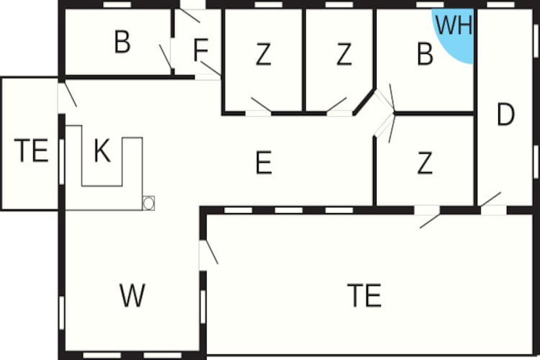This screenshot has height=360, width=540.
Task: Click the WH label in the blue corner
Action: [x=454, y=25]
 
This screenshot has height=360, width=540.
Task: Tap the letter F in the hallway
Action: [x=201, y=50]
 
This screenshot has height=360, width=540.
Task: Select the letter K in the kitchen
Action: [x=102, y=151]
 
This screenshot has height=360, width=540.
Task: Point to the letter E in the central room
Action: [x=264, y=162]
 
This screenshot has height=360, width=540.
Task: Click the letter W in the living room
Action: [x=132, y=295]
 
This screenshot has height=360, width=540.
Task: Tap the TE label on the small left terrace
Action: [x=31, y=150]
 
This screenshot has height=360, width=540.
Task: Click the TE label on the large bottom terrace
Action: [x=364, y=295]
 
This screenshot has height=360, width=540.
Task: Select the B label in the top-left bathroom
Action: [x=122, y=42]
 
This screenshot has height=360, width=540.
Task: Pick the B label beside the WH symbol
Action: [x=425, y=54]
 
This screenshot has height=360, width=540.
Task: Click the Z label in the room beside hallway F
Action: [x=264, y=54]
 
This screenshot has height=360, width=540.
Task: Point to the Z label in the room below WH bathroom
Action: [x=425, y=163]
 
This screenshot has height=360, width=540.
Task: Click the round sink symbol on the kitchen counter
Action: [x=148, y=203]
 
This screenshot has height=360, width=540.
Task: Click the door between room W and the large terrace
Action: [x=208, y=253]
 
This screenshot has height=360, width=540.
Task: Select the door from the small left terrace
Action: [x=67, y=95]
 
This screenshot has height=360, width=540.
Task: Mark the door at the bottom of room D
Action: [x=492, y=204]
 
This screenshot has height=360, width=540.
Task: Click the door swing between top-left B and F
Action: [x=166, y=57]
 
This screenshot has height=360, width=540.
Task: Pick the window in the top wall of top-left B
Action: [x=117, y=5]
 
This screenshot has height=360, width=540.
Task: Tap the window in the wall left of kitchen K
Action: [x=62, y=161]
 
